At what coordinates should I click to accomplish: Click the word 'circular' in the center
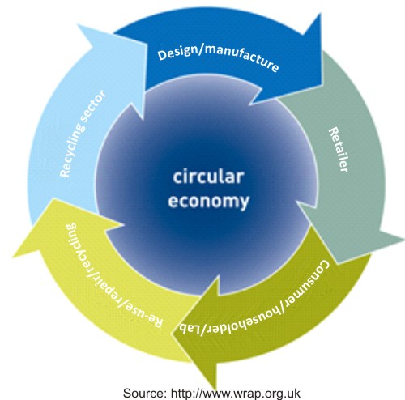[208, 177]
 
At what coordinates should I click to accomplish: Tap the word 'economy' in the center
[208, 201]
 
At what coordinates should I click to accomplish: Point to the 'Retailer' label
[339, 150]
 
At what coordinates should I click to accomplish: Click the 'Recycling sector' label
[82, 134]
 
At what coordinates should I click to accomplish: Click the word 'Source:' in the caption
[145, 393]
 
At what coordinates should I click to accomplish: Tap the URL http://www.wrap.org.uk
[236, 394]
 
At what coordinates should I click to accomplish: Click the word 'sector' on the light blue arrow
[94, 106]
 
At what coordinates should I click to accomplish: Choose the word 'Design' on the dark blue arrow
[177, 53]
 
